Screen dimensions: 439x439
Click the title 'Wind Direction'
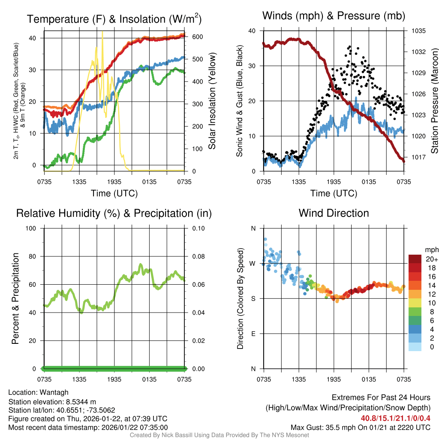coord(334,213)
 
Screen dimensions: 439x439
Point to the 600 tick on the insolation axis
coord(197,37)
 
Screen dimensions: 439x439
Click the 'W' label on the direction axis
coord(253,263)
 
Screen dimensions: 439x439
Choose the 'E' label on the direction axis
coord(253,334)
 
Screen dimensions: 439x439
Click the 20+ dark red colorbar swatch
coord(415,259)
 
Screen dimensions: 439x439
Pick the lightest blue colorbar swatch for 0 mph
coord(415,347)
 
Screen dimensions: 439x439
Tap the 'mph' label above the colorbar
coord(431,250)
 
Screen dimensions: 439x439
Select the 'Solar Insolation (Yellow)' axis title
coord(212,101)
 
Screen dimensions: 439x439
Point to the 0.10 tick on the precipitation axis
coord(198,228)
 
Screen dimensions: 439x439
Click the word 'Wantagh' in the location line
coord(53,392)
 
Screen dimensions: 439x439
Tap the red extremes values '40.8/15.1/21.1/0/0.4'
coord(396,418)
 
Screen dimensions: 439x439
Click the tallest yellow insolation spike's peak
coord(102,32)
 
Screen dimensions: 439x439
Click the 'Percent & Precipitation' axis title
coord(15,298)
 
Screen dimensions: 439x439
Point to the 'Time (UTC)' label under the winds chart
coord(334,193)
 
